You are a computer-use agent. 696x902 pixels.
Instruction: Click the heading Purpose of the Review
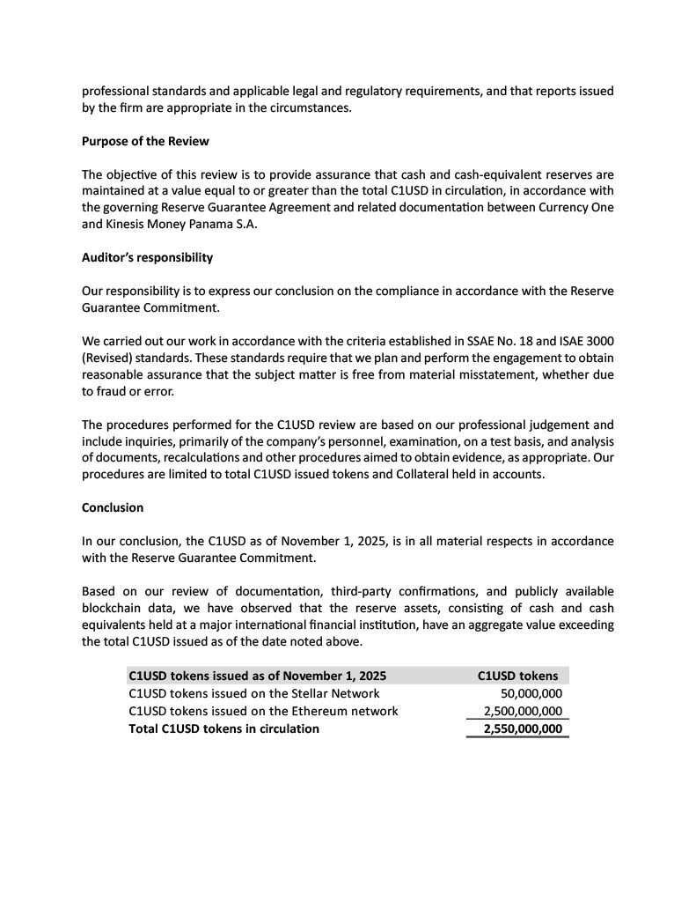pos(145,142)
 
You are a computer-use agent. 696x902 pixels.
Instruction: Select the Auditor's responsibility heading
pos(147,259)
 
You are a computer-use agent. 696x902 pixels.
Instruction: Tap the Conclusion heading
pos(113,508)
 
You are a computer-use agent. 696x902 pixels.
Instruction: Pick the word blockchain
pos(115,609)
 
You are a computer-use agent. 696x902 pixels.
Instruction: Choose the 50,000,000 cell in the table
pos(524,694)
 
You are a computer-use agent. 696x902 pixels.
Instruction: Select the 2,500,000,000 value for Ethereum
pos(523,712)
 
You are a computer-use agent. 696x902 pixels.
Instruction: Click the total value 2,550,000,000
pos(523,729)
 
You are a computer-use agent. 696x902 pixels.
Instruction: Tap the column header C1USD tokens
pos(517,676)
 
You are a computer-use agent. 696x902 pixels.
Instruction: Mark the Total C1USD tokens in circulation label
pos(223,729)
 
